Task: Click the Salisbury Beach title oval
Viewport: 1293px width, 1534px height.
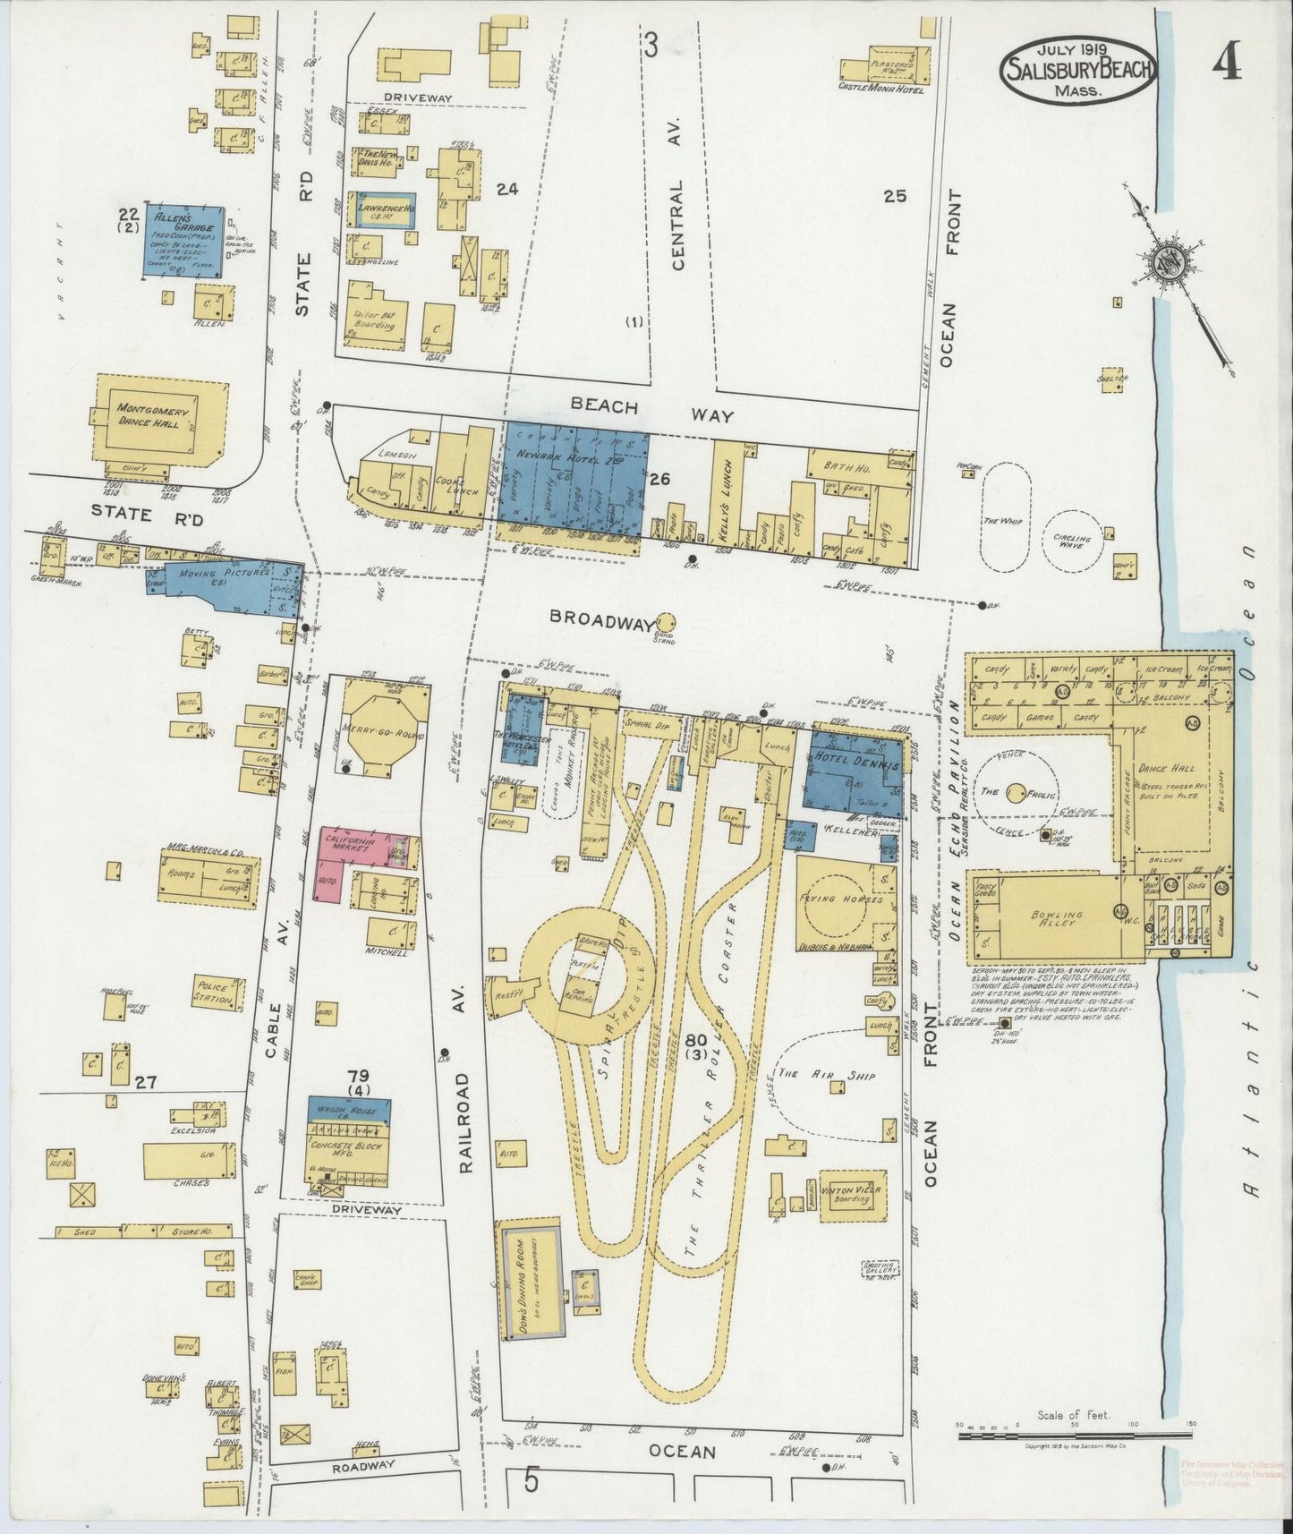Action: tap(1078, 64)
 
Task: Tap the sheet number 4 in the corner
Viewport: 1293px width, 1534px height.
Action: tap(1225, 63)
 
